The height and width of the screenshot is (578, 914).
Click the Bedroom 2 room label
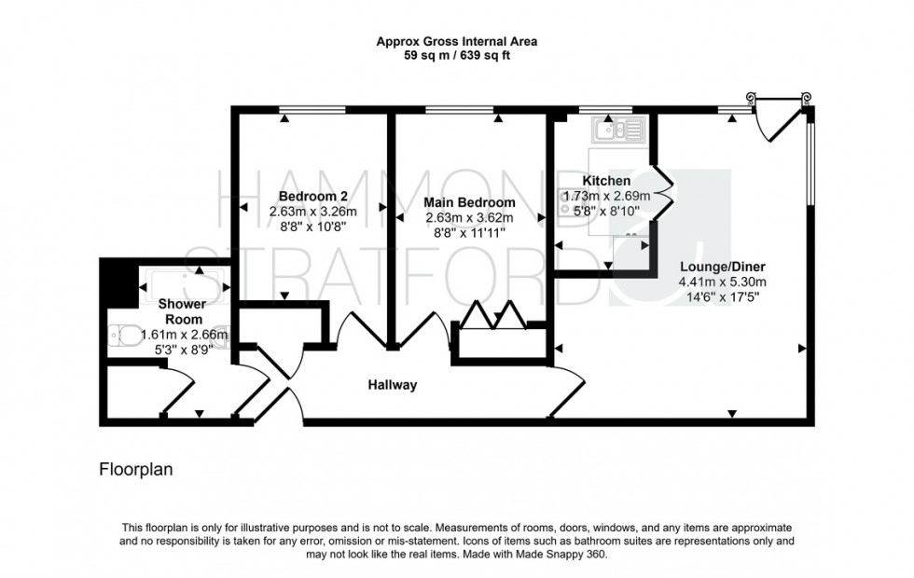pyautogui.click(x=313, y=197)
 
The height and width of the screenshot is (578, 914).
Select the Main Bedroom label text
pyautogui.click(x=469, y=202)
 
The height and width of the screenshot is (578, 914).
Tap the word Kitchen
pyautogui.click(x=606, y=181)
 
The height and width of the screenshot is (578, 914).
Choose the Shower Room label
pyautogui.click(x=180, y=311)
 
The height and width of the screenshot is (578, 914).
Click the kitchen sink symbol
pyautogui.click(x=616, y=129)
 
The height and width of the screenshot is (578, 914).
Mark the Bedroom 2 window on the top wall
pyautogui.click(x=312, y=111)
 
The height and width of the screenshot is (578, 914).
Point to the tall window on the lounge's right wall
pyautogui.click(x=810, y=158)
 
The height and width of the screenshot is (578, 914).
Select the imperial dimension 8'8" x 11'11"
pyautogui.click(x=469, y=232)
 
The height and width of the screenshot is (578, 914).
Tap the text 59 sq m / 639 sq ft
pyautogui.click(x=456, y=56)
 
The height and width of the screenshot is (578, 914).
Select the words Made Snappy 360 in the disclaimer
pyautogui.click(x=562, y=554)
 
